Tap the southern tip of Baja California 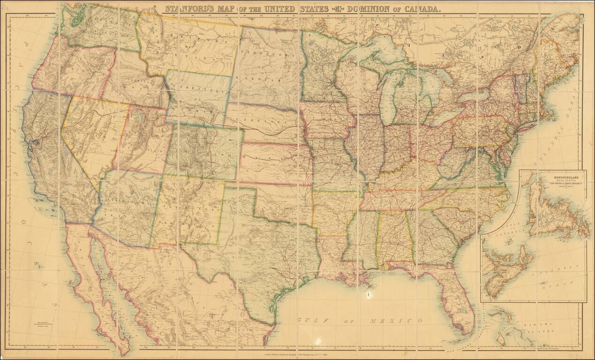124,352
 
